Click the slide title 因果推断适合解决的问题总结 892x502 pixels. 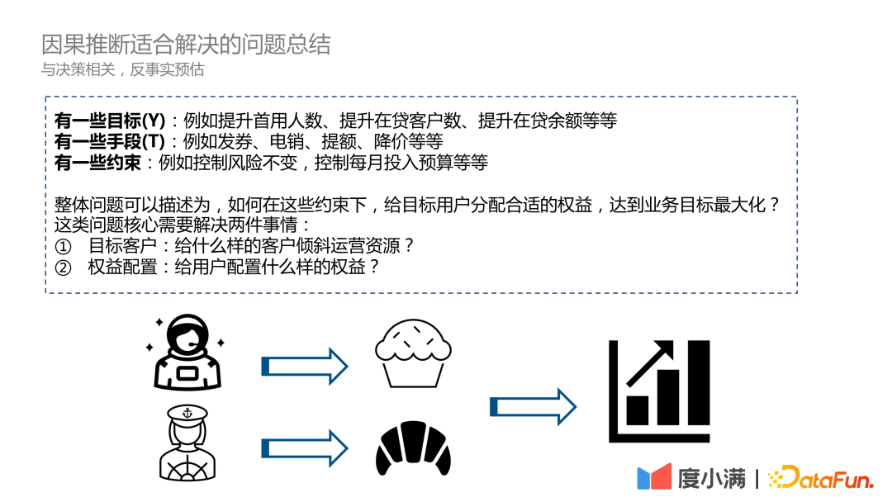pyautogui.click(x=186, y=45)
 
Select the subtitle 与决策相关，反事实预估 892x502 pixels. pyautogui.click(x=123, y=69)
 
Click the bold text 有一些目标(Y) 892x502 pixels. pyautogui.click(x=110, y=120)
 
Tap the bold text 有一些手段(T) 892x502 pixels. pyautogui.click(x=110, y=141)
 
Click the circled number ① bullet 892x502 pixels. pyautogui.click(x=64, y=246)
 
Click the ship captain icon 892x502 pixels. pyautogui.click(x=187, y=443)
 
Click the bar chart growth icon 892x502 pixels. pyautogui.click(x=658, y=391)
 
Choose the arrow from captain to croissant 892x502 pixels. pyautogui.click(x=304, y=447)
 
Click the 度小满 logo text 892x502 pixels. pyautogui.click(x=711, y=477)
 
